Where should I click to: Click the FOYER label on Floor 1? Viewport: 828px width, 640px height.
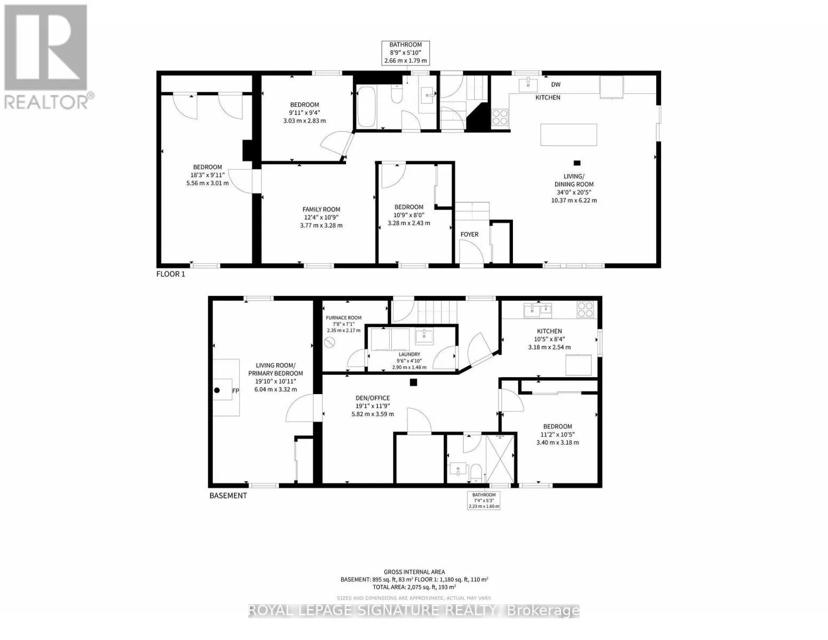click(x=469, y=234)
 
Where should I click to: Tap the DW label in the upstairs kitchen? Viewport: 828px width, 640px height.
click(x=556, y=84)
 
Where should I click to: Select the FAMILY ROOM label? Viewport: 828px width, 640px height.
click(x=321, y=210)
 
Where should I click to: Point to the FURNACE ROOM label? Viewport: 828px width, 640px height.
click(x=344, y=318)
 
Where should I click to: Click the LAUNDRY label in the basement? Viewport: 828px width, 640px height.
click(x=409, y=354)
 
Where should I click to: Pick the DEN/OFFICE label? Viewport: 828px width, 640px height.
click(x=373, y=398)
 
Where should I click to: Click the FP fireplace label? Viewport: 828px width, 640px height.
click(x=235, y=391)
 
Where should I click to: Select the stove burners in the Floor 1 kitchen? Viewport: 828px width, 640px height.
click(x=500, y=116)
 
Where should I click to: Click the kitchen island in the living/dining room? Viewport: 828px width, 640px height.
click(x=568, y=134)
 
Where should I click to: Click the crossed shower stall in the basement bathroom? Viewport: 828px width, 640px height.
click(x=501, y=459)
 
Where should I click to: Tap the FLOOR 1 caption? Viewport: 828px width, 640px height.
click(x=171, y=274)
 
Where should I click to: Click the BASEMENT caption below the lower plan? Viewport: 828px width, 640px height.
click(x=228, y=495)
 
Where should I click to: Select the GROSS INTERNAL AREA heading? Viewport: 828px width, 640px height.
click(x=414, y=572)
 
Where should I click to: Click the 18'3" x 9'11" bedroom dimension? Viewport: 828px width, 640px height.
click(x=207, y=175)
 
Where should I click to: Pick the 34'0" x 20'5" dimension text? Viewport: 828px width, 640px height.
click(x=574, y=193)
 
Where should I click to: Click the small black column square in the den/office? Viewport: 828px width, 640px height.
click(x=413, y=382)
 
